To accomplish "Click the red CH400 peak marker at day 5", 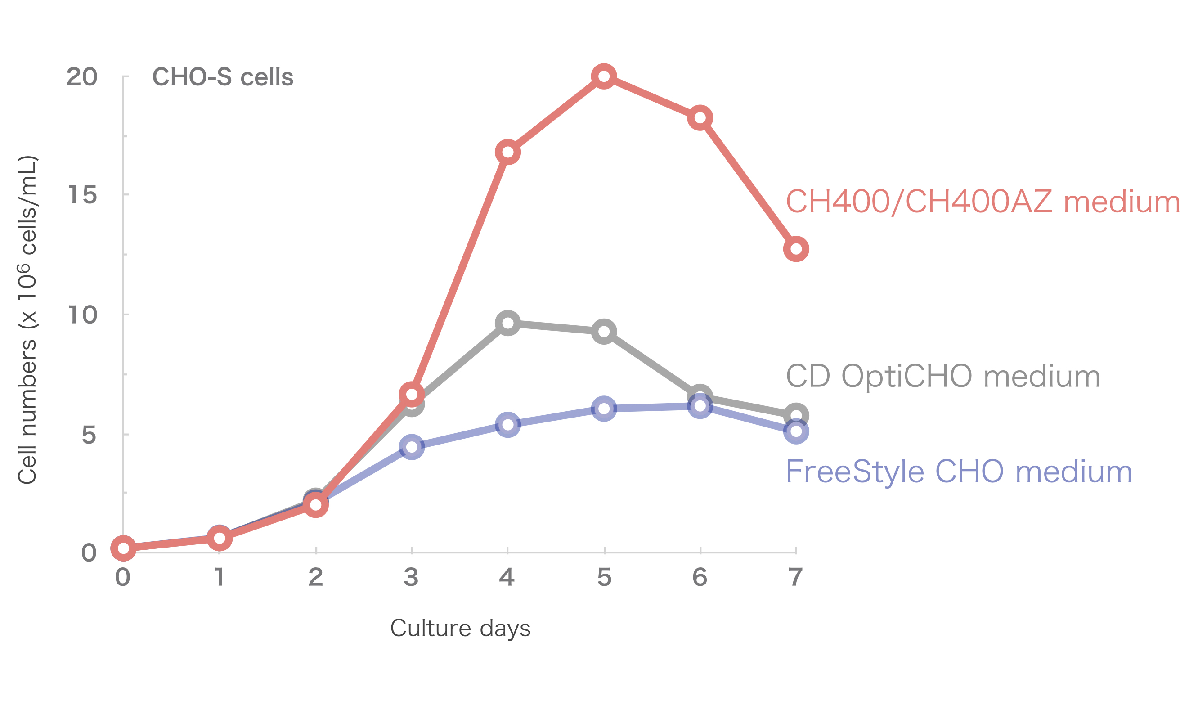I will (604, 76).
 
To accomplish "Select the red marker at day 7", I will (796, 249).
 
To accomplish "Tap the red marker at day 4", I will (508, 152).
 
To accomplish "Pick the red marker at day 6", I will (700, 117).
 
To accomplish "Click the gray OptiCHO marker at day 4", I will (508, 324).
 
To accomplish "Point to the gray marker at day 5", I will (604, 332).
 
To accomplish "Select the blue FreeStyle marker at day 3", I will (412, 447).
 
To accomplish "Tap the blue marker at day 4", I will (508, 424).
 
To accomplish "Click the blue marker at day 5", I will (604, 409).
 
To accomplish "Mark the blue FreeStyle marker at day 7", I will (796, 432).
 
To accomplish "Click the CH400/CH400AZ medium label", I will (983, 202).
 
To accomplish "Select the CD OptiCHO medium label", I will (943, 376).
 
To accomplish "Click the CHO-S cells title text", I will (223, 77).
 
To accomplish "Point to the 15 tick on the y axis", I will (82, 194).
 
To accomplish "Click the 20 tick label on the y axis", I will (82, 76).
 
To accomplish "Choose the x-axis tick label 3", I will (411, 577).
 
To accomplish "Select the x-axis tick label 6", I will (700, 577).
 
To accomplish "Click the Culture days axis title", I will (460, 628).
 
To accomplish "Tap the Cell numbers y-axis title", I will (27, 319).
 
